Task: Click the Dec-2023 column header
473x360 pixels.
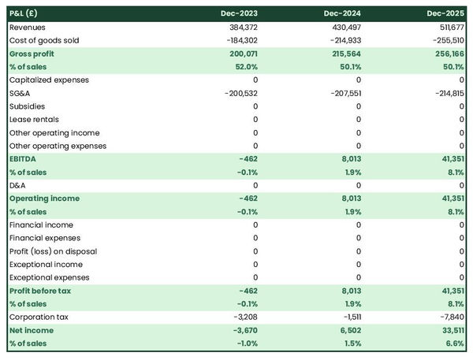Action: tap(240, 13)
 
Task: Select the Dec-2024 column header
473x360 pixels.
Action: tap(343, 13)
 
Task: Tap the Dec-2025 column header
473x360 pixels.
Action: tap(445, 13)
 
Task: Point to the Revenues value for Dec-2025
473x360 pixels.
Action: tap(449, 27)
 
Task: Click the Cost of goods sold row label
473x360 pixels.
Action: tap(44, 40)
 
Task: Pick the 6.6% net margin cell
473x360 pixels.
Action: tap(453, 343)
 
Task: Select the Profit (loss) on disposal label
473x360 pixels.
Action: tap(53, 251)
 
